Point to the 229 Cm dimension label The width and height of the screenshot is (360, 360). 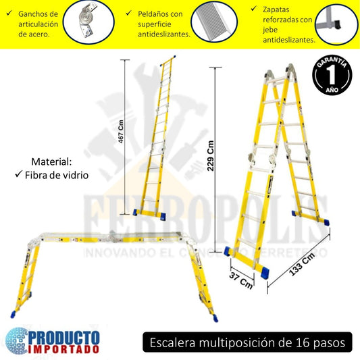point(211,156)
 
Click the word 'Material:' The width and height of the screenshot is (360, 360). point(51,162)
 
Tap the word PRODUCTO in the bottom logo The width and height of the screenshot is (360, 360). point(65,336)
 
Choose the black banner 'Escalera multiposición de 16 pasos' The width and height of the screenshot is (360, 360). point(247,342)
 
